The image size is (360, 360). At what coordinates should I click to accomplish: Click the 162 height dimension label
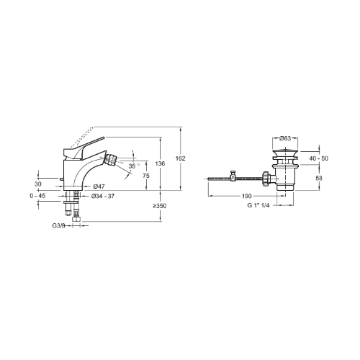click(x=180, y=158)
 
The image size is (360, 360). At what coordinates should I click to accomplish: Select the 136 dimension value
click(x=160, y=163)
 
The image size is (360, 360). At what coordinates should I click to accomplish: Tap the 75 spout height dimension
click(x=146, y=176)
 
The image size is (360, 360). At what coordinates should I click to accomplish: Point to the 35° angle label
click(x=134, y=166)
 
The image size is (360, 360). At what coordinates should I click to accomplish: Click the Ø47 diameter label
click(x=99, y=186)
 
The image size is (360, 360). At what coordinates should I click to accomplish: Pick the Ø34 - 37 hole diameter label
click(x=103, y=196)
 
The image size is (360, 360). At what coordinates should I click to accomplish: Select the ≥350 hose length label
click(x=160, y=206)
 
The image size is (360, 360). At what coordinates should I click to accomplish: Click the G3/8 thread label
click(x=58, y=226)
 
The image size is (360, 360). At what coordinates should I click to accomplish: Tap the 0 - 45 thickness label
click(x=37, y=196)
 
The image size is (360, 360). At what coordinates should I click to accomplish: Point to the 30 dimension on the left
click(x=38, y=184)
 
